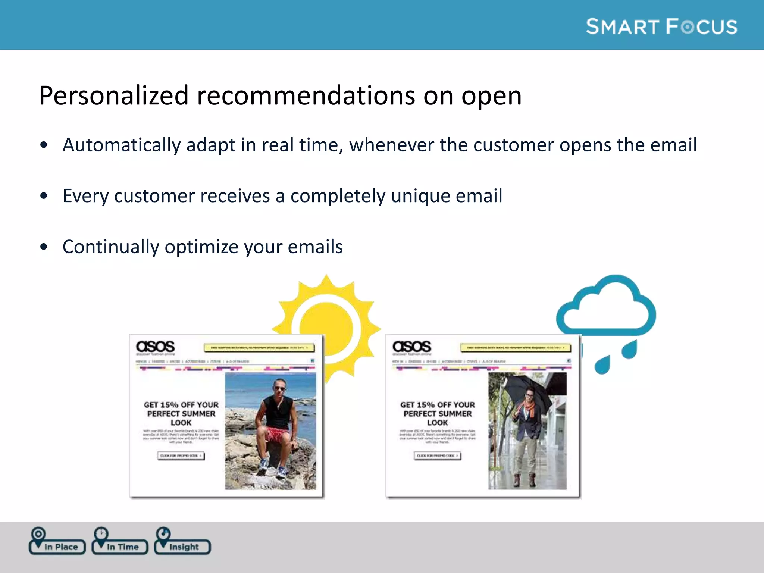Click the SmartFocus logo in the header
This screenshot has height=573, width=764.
point(661,27)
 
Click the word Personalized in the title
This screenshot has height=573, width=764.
point(113,96)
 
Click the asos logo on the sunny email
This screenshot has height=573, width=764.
point(155,347)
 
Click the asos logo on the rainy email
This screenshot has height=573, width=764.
point(412,347)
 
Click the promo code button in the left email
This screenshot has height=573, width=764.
point(181,456)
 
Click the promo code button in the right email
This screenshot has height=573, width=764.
point(437,456)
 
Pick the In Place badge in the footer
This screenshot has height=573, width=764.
point(57,545)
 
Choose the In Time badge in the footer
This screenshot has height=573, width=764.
point(120,545)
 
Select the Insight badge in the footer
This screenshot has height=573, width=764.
point(183,545)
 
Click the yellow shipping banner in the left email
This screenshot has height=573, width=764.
point(259,348)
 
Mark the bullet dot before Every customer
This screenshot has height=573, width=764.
point(44,196)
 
